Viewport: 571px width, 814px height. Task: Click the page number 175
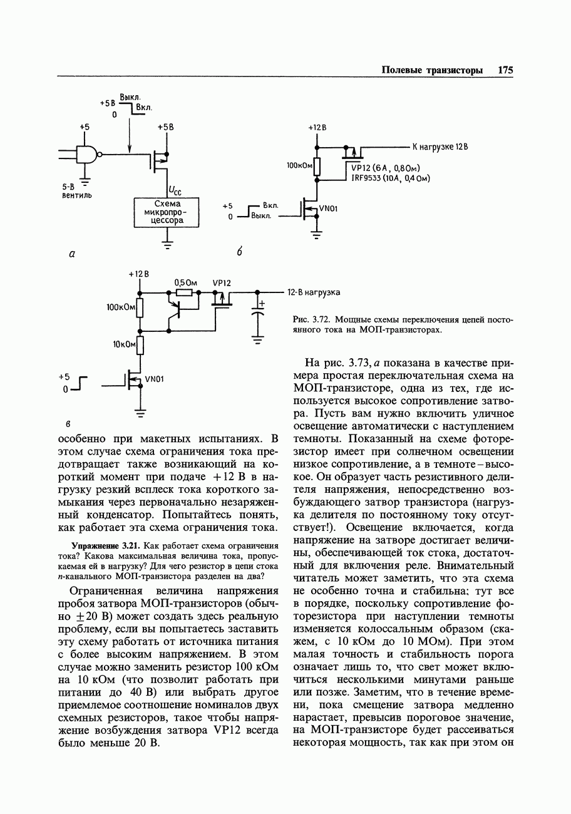(x=505, y=70)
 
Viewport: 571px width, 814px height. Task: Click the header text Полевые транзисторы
(x=432, y=70)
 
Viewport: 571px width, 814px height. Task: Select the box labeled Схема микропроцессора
(x=167, y=212)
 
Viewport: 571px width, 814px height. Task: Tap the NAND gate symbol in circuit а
(x=88, y=154)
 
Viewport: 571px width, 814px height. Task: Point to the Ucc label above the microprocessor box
(x=175, y=191)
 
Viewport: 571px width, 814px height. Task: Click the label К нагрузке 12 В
(x=440, y=147)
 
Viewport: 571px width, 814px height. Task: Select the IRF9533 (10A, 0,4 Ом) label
(x=390, y=178)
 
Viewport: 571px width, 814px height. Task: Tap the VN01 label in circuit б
(x=328, y=209)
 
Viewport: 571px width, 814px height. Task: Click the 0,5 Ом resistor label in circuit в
(x=186, y=282)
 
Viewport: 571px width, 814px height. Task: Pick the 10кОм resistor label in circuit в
(x=125, y=345)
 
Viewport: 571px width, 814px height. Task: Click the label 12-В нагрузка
(x=314, y=292)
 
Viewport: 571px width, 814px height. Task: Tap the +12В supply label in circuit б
(x=317, y=128)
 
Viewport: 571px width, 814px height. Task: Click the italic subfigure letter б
(x=239, y=252)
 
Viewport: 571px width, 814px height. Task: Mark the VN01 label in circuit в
(x=154, y=379)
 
